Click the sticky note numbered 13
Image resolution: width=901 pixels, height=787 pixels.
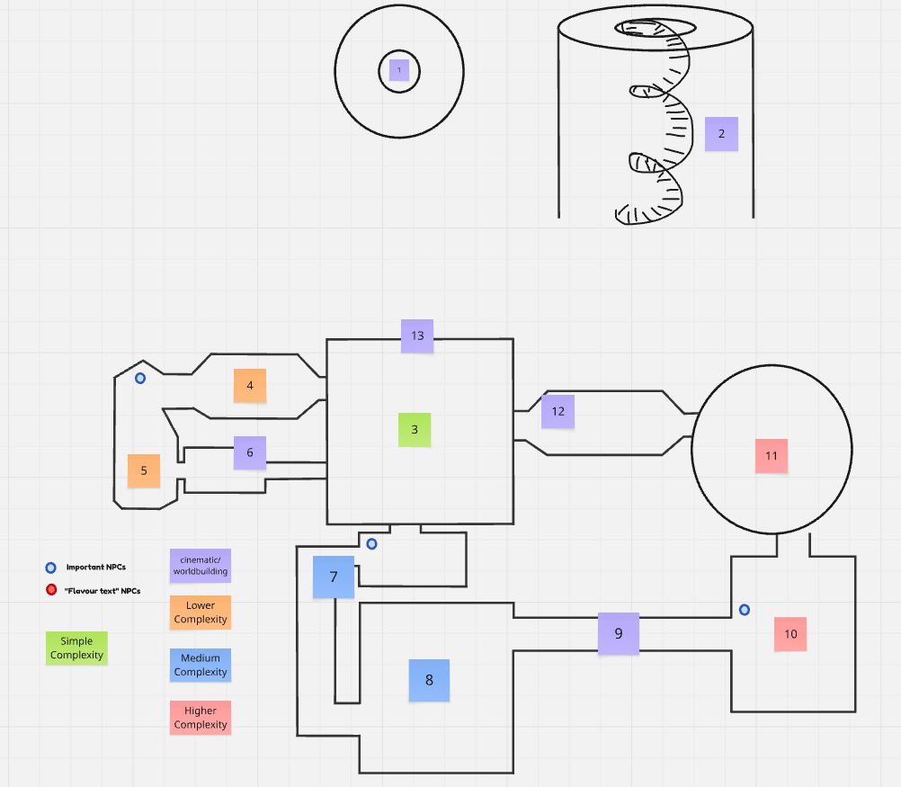click(x=417, y=335)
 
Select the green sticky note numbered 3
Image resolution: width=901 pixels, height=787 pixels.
click(x=415, y=430)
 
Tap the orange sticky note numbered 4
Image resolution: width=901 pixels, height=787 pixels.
click(x=250, y=385)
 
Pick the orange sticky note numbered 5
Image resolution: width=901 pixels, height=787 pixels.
click(x=144, y=470)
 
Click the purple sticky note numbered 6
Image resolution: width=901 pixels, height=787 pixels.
click(x=250, y=452)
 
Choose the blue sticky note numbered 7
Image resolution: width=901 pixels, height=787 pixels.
click(x=334, y=577)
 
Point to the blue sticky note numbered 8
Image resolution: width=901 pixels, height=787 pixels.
click(x=429, y=680)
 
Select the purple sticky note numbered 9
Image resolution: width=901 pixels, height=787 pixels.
click(x=619, y=633)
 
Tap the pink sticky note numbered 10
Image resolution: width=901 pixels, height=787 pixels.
click(x=790, y=634)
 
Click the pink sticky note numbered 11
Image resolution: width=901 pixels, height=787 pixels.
click(x=772, y=456)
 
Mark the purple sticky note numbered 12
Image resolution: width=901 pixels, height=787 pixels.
click(x=558, y=411)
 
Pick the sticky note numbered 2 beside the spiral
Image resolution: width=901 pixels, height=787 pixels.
click(x=721, y=134)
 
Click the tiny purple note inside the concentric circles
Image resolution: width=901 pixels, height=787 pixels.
click(x=399, y=69)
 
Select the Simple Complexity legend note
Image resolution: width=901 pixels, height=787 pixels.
click(x=76, y=648)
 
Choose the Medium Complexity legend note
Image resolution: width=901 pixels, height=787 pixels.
click(x=201, y=666)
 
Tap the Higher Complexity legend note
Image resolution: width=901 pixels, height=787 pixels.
click(x=201, y=718)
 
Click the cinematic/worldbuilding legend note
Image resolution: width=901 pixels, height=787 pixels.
click(x=201, y=565)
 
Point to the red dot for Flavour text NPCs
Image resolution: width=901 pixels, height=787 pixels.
click(x=51, y=590)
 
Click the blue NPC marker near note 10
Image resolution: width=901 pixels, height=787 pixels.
click(x=745, y=610)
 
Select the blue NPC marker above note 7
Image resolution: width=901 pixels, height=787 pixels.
click(x=371, y=543)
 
